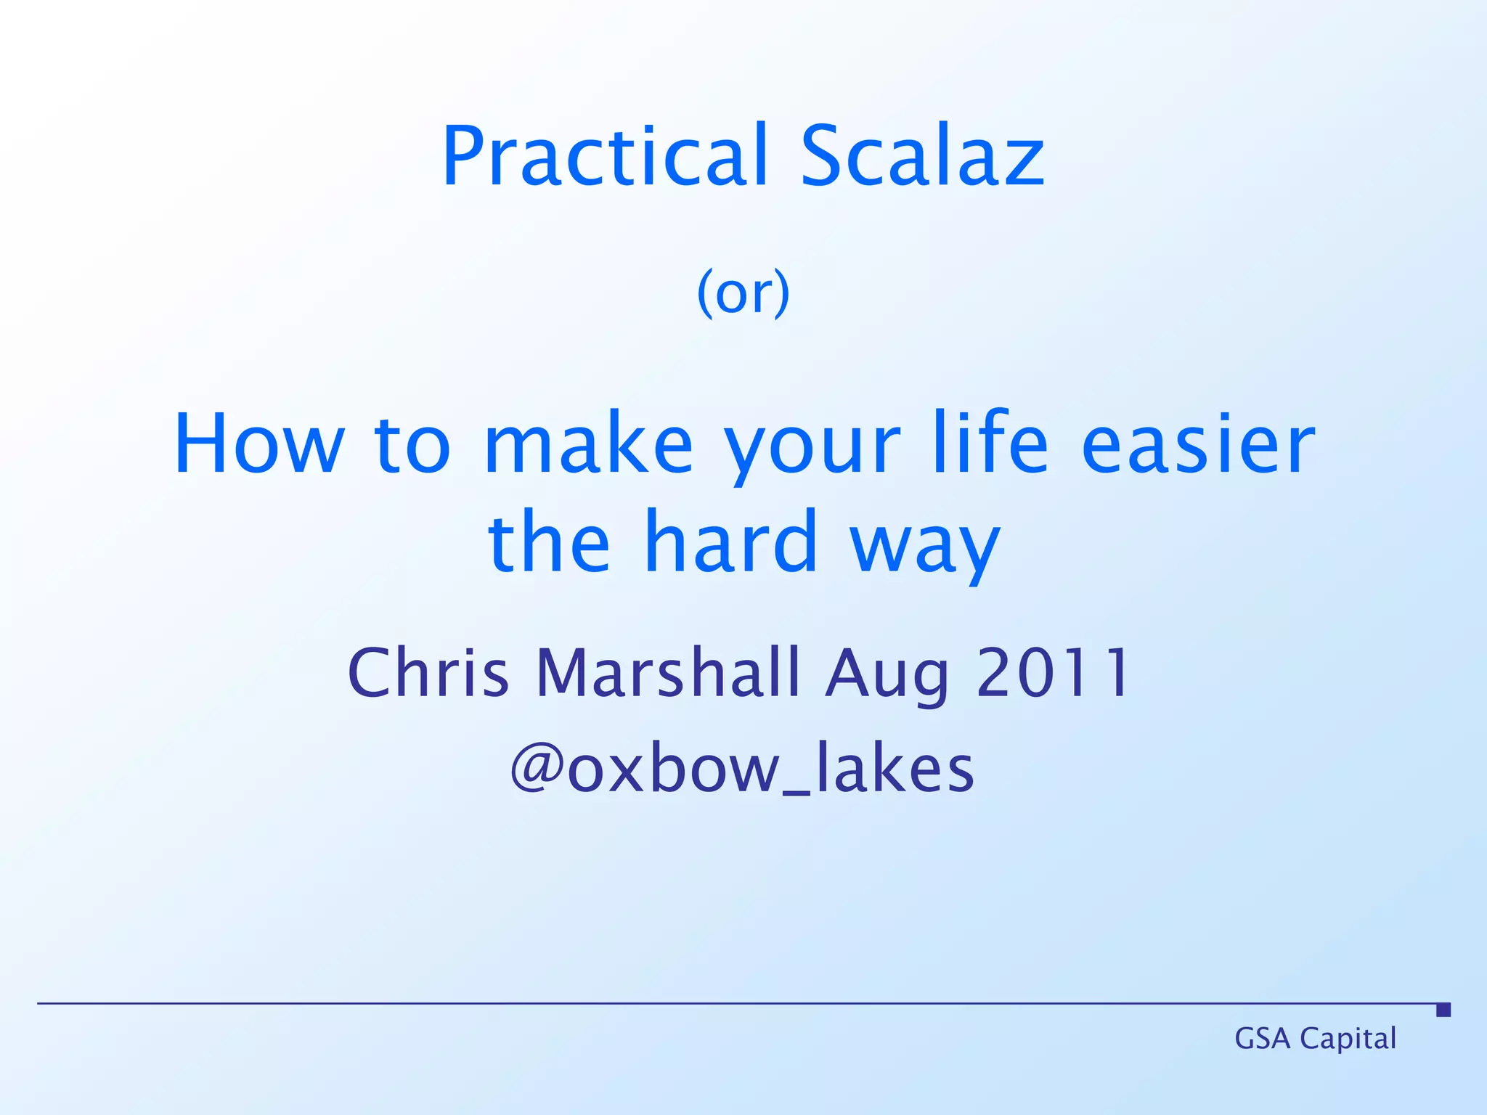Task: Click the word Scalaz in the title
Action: [922, 156]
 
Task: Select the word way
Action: [925, 548]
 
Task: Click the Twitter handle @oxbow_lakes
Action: [743, 769]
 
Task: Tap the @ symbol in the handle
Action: [537, 769]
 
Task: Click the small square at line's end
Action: [1443, 1010]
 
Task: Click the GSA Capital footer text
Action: [1315, 1039]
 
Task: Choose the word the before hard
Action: [549, 542]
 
